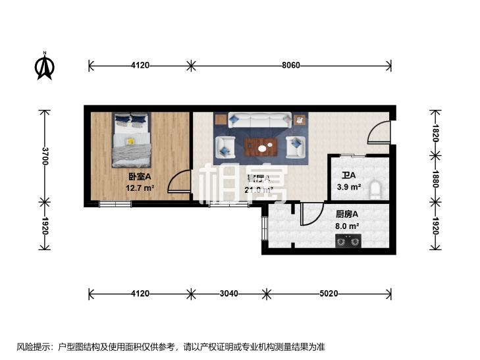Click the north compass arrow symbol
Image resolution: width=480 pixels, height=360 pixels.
45,66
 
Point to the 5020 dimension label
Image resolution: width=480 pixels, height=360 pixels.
327,294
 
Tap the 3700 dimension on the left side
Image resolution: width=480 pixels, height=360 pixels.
45,155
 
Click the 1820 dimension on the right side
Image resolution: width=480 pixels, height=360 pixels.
434,133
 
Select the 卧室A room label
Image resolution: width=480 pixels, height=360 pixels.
140,176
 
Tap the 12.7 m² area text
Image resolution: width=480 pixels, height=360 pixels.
140,188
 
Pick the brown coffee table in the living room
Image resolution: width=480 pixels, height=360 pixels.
261,147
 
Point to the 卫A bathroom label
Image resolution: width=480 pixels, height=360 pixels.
348,176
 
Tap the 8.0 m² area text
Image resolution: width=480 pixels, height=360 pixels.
347,226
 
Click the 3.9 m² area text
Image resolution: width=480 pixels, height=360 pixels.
348,187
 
